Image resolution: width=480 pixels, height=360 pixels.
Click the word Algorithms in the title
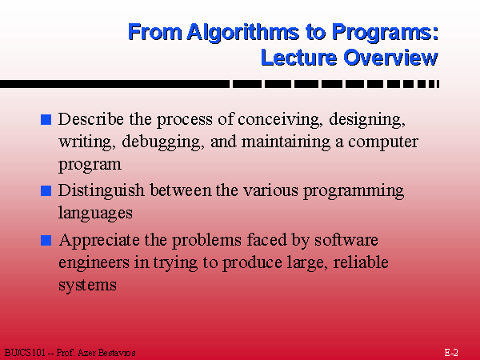pos(243,33)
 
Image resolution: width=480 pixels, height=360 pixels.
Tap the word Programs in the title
pos(382,33)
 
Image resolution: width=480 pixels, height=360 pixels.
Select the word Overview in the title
pos(390,58)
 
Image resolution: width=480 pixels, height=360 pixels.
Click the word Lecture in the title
pos(298,58)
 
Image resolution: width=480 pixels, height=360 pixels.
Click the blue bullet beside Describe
pos(46,119)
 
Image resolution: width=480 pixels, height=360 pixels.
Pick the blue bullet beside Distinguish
pos(46,190)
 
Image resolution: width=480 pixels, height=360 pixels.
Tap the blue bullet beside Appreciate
pos(46,240)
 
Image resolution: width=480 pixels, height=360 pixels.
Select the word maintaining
pos(286,142)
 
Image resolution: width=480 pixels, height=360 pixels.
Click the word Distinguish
pos(101,191)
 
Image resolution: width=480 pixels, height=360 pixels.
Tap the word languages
pos(95,214)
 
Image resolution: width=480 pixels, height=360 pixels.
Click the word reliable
pos(361,262)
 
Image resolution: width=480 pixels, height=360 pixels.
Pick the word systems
pos(87,286)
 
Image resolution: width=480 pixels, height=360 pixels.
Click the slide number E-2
pos(451,353)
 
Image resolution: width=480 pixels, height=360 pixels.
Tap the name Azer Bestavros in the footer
pos(106,353)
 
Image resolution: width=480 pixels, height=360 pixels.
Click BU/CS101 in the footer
pos(25,353)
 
